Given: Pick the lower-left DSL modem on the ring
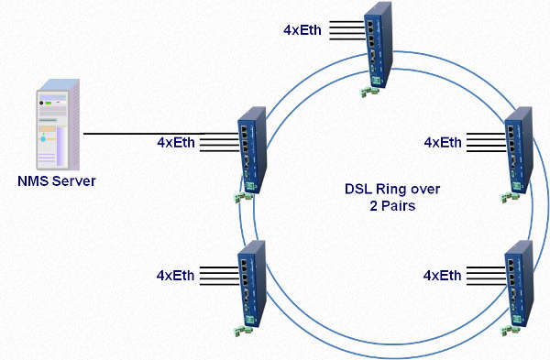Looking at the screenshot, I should [x=251, y=278].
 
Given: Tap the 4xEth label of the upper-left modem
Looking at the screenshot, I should [x=177, y=143].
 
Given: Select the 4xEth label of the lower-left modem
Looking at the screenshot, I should [x=177, y=275].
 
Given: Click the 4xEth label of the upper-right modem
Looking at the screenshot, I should [x=443, y=143].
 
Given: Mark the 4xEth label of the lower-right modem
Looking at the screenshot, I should [x=443, y=275].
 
